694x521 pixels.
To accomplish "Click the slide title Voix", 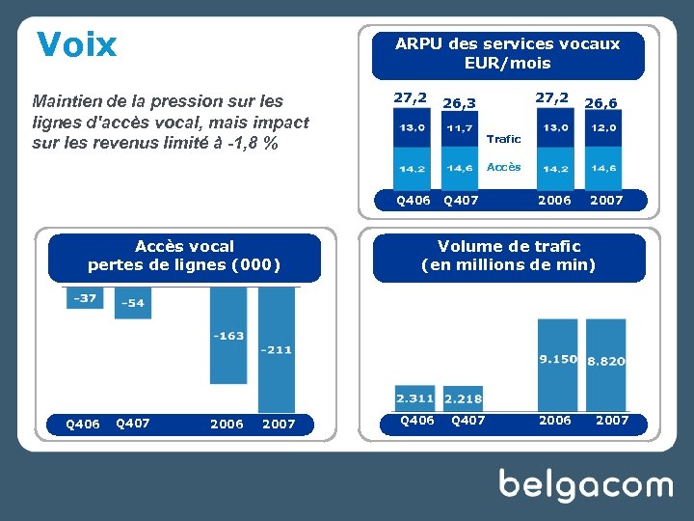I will click(77, 44).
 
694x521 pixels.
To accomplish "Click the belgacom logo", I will click(585, 484).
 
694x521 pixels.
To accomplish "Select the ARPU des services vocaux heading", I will click(508, 54).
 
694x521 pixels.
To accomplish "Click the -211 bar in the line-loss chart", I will click(277, 350).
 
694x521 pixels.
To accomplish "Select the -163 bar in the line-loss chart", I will click(228, 336).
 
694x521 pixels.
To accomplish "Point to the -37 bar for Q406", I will click(85, 298).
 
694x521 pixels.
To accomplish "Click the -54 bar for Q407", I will click(133, 303).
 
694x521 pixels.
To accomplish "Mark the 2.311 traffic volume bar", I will click(414, 398).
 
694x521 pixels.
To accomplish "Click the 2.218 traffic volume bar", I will click(464, 398).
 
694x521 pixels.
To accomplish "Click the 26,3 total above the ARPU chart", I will click(459, 102).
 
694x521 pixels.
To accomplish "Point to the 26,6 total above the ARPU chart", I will click(601, 102).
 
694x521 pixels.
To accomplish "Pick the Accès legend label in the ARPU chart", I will click(503, 167).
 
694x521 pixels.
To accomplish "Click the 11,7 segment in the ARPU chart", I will click(460, 128).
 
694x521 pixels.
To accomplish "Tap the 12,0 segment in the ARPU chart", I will click(604, 128).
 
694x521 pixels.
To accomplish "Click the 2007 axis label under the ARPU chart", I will click(606, 200).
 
